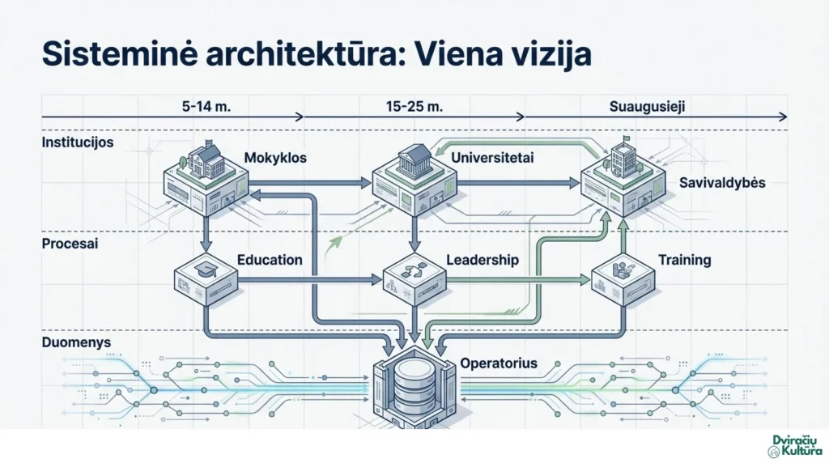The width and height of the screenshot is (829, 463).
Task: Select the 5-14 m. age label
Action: [x=206, y=106]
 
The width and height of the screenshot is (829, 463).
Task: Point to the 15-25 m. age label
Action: [x=414, y=106]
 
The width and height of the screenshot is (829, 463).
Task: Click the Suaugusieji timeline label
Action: [x=647, y=107]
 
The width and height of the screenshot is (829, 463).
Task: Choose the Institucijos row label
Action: [x=78, y=142]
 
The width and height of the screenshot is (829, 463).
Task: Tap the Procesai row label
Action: [x=70, y=244]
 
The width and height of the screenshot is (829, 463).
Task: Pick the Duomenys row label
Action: [x=76, y=342]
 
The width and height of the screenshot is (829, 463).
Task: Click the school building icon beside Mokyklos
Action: [x=203, y=159]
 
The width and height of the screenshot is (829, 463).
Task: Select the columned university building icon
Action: [x=414, y=161]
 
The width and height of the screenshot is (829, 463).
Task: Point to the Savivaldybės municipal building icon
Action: [x=623, y=158]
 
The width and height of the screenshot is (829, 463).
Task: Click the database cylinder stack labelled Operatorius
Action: [x=414, y=389]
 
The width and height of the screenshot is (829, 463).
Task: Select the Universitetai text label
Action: [x=492, y=158]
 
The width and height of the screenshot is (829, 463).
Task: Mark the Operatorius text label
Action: [x=499, y=363]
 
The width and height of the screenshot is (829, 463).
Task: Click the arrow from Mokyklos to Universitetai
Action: [x=310, y=183]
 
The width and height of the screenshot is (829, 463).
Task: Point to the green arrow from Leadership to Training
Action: [x=519, y=280]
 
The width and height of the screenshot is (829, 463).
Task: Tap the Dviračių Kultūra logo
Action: [x=797, y=445]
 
